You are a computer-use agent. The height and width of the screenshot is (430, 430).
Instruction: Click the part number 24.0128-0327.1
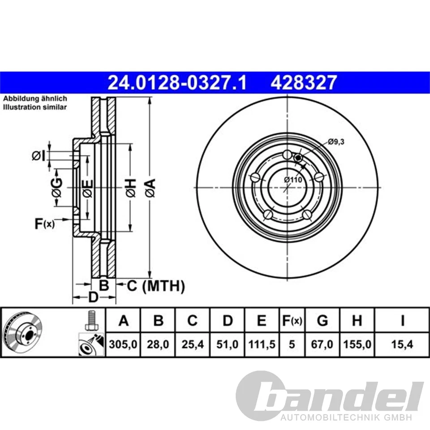coord(177,83)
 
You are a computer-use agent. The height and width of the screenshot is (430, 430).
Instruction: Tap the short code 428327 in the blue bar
coord(303,83)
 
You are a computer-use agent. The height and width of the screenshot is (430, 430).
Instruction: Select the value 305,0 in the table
coord(123,344)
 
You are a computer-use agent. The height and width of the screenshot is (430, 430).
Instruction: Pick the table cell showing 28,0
coord(158,344)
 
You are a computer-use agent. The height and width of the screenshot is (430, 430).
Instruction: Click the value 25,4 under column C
coord(192,344)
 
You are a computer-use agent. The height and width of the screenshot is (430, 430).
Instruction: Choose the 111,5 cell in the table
coord(262,344)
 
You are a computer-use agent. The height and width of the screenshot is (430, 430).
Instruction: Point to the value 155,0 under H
coord(357,344)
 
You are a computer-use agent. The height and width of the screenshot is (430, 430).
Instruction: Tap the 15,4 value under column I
coord(402,344)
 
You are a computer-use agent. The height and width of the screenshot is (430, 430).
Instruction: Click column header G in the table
coord(322,321)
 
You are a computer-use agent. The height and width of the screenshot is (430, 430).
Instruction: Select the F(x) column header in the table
coord(291,321)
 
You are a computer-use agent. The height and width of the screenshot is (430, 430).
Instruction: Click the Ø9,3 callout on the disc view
coord(336,142)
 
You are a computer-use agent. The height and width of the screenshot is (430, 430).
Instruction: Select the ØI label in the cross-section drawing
coord(39,155)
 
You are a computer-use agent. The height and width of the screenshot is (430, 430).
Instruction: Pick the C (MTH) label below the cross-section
coord(156,285)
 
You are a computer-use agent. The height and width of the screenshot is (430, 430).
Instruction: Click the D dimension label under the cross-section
coord(93,297)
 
